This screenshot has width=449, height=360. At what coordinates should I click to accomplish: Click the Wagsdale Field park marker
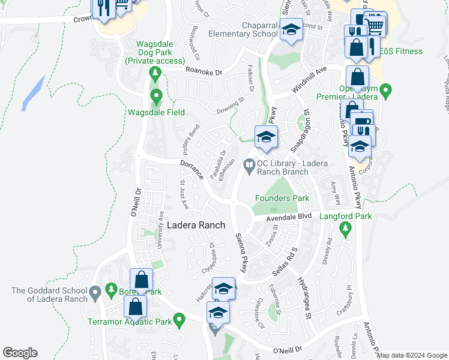(156, 96)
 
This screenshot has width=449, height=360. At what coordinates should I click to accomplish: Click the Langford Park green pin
(345, 228)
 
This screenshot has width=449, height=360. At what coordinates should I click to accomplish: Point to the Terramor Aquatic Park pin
(178, 320)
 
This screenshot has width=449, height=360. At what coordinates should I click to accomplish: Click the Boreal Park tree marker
(111, 290)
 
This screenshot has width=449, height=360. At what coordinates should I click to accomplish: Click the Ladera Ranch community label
(196, 226)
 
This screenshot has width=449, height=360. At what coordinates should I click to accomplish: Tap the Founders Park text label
(282, 198)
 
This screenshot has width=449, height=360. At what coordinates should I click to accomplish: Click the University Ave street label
(160, 230)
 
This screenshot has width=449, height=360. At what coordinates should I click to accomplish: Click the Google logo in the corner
(20, 353)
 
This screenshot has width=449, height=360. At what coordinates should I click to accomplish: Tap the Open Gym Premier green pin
(386, 91)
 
